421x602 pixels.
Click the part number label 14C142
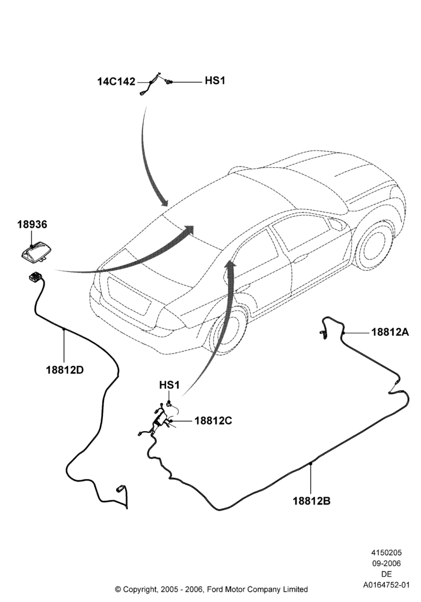click(116, 81)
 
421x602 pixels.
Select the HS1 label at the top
click(215, 81)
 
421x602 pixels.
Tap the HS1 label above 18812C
click(169, 385)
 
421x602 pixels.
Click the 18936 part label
click(32, 225)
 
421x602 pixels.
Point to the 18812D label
click(65, 370)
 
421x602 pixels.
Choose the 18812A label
click(390, 332)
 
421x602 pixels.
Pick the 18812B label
click(312, 501)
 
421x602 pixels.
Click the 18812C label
click(213, 421)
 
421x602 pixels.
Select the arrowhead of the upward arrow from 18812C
click(230, 263)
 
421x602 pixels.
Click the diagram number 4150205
click(387, 553)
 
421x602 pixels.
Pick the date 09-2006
click(387, 563)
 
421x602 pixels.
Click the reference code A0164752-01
click(387, 585)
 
